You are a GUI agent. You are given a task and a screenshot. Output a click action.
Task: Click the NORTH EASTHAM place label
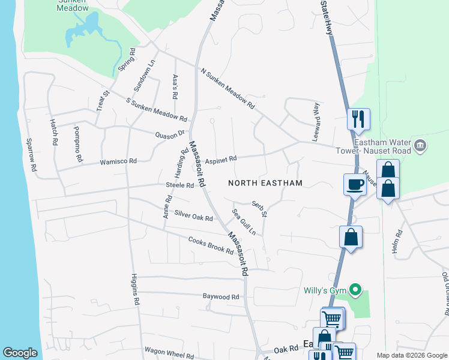[264, 182]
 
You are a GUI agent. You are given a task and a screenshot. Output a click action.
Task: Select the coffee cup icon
[354, 184]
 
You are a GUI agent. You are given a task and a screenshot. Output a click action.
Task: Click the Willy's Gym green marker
[355, 292]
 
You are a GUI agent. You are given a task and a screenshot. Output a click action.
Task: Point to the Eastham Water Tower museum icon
[420, 144]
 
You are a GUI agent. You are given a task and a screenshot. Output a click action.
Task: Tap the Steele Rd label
[180, 186]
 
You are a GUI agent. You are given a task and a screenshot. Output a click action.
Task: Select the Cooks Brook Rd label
[210, 246]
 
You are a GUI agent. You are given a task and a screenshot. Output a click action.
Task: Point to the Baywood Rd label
[221, 296]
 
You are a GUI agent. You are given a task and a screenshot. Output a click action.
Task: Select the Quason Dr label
[169, 135]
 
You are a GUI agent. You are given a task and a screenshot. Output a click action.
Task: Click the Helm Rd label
[396, 241]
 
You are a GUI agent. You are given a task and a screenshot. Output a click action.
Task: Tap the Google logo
[20, 353]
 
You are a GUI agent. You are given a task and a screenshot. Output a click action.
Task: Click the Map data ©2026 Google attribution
[411, 355]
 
